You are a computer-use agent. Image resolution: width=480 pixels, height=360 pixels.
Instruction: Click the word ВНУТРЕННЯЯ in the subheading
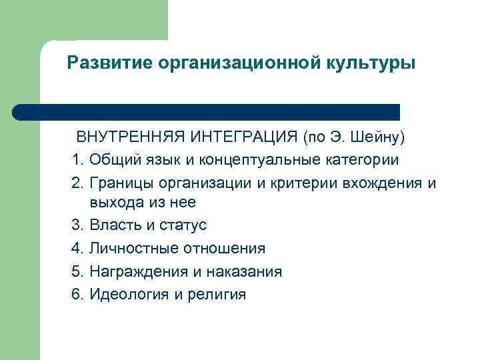pyautogui.click(x=131, y=138)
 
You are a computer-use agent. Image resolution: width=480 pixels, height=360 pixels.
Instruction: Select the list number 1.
pyautogui.click(x=77, y=160)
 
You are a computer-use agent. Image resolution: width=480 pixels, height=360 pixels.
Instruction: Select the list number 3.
pyautogui.click(x=77, y=225)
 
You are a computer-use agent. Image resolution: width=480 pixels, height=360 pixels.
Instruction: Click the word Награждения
pyautogui.click(x=136, y=271)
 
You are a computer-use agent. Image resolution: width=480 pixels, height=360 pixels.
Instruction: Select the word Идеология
pyautogui.click(x=128, y=294)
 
